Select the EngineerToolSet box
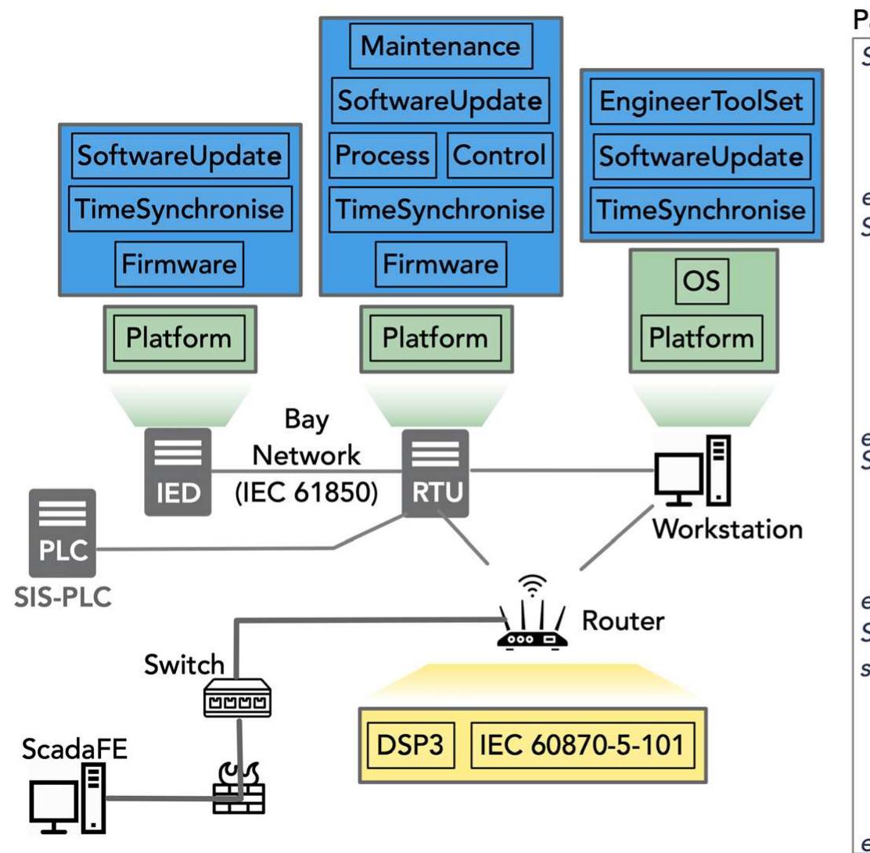click(x=701, y=103)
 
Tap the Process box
click(x=383, y=155)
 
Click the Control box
click(x=499, y=155)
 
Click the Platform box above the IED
click(x=178, y=338)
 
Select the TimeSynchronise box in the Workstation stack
click(x=701, y=210)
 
